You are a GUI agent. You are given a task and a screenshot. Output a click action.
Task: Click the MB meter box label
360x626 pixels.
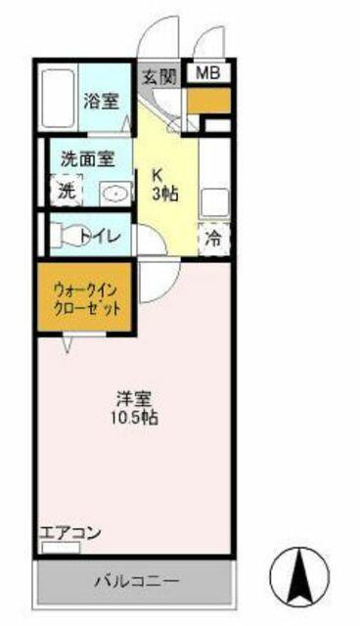coord(208,73)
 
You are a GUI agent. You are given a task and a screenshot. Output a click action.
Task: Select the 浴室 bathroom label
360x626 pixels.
coord(102,102)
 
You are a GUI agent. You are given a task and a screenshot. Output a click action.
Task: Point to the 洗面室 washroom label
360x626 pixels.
coord(88,159)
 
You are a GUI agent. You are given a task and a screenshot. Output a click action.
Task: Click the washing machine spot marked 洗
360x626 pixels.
coord(67,191)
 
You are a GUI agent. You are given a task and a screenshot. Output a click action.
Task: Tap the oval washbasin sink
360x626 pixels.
coord(114,194)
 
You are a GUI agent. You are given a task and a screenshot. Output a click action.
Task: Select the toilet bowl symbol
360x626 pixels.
coord(66,235)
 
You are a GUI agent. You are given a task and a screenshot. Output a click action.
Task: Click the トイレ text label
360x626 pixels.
coord(100,236)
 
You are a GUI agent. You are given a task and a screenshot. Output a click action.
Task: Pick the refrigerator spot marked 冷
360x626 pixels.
coord(214,239)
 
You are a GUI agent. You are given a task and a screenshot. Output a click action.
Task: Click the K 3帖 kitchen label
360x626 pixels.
coord(164,185)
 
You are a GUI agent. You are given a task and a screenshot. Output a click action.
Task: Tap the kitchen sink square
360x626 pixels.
coord(214,202)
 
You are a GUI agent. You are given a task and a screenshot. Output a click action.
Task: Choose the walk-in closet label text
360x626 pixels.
coord(86,297)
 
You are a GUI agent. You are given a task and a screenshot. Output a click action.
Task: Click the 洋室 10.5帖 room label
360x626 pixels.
coord(135,408)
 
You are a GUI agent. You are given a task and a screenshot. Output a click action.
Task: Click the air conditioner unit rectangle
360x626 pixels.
coord(61,548)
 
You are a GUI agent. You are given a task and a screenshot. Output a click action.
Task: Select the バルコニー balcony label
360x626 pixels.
coord(137,581)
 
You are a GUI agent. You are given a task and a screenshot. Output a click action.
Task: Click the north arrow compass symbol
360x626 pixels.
coord(299,576)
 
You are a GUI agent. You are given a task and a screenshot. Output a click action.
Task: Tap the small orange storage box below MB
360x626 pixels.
coord(208,101)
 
